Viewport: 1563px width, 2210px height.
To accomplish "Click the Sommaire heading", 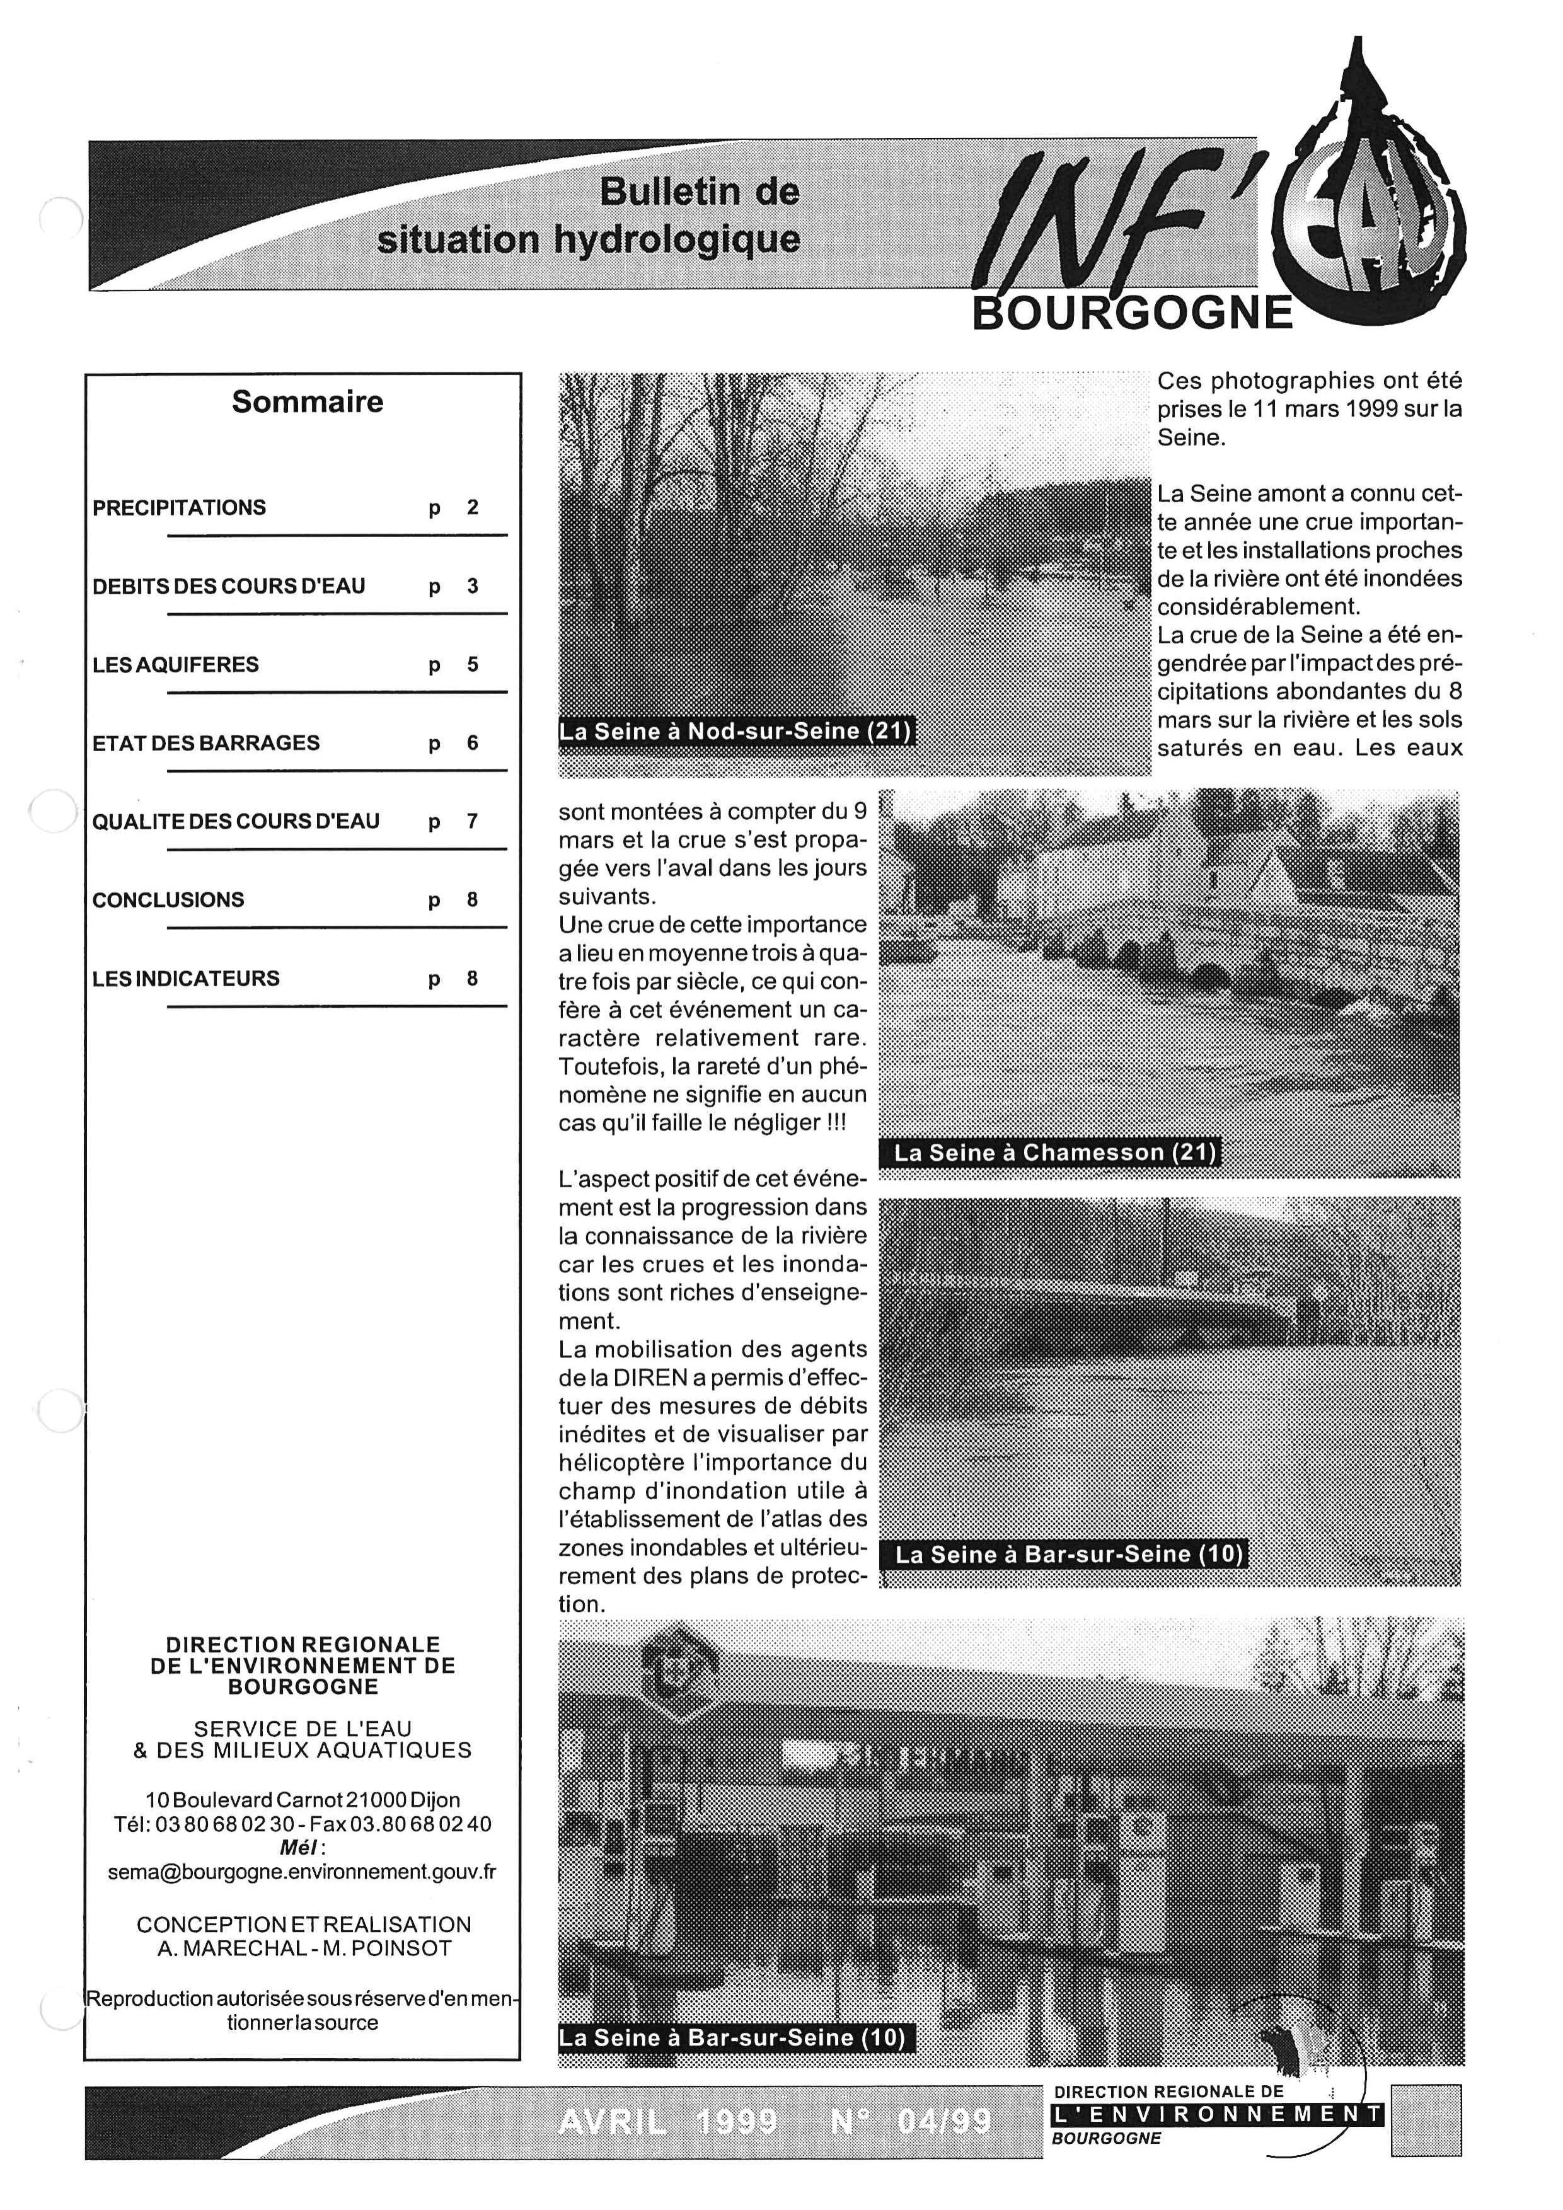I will click(x=307, y=401).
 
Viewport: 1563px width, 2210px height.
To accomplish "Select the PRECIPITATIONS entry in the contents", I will click(x=179, y=507).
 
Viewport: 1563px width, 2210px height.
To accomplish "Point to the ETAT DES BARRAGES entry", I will click(x=206, y=743).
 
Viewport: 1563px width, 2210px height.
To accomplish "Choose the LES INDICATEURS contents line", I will click(x=186, y=978).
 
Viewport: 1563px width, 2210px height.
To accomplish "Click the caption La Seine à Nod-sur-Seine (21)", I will click(x=735, y=730).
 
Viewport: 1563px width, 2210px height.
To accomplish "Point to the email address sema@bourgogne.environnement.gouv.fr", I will click(x=303, y=1873).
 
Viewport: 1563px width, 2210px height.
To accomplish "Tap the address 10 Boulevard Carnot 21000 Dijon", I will click(x=303, y=1799).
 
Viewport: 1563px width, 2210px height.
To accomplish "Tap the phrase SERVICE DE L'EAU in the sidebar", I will click(x=303, y=1728).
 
